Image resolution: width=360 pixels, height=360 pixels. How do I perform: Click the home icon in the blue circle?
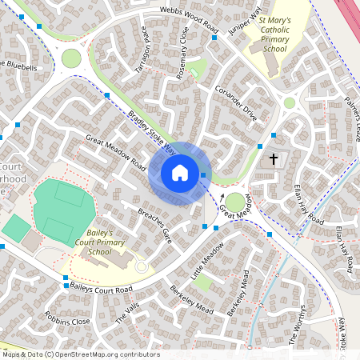[x=180, y=173]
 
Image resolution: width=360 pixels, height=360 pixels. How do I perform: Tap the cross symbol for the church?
[x=274, y=159]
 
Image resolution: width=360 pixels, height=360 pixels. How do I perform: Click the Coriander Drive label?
[x=238, y=102]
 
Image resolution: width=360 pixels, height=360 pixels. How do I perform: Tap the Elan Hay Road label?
[x=305, y=206]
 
